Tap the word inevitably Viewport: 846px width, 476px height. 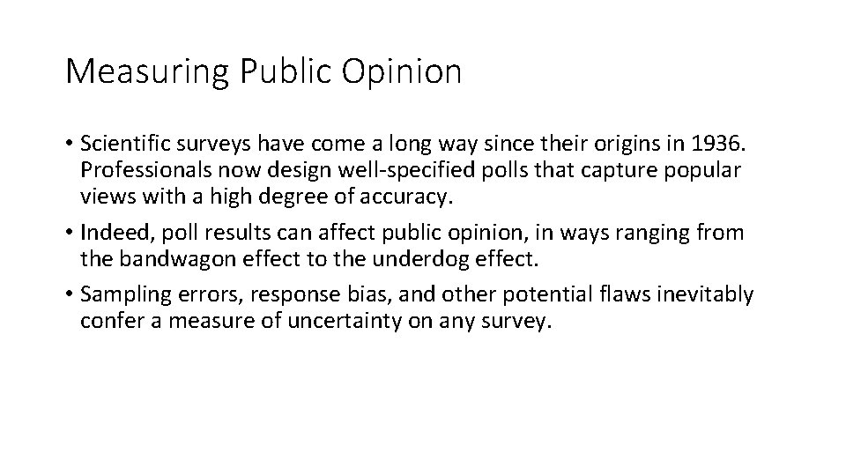[709, 294]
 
